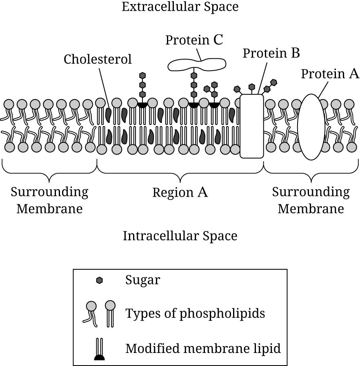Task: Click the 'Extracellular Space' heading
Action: click(x=180, y=7)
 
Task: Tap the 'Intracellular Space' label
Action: click(x=180, y=236)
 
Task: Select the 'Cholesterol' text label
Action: click(x=98, y=60)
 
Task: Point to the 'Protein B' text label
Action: click(x=271, y=53)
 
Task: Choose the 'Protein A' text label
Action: click(x=330, y=74)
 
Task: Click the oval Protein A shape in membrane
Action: click(x=311, y=126)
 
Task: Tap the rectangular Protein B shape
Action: click(x=251, y=126)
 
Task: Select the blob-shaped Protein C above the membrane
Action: click(x=197, y=64)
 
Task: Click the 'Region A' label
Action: click(x=180, y=192)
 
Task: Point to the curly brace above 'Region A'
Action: click(x=180, y=171)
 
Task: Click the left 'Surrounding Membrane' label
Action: click(x=49, y=200)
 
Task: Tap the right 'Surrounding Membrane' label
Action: click(x=311, y=200)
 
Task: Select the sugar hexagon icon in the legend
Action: click(x=99, y=280)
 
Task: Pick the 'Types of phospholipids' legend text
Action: click(x=195, y=313)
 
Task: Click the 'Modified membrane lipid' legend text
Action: click(x=203, y=348)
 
